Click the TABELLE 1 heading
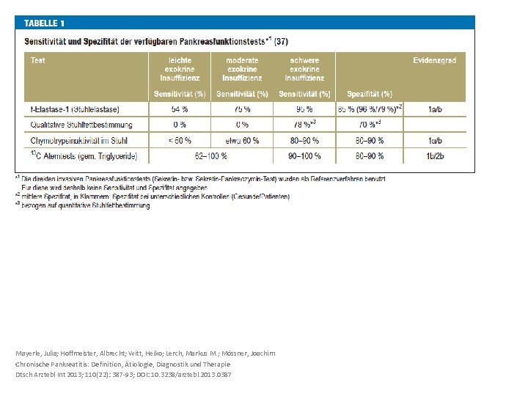(x=49, y=23)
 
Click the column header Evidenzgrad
(x=434, y=60)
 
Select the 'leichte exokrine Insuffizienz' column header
(x=180, y=69)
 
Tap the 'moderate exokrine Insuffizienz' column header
(x=242, y=69)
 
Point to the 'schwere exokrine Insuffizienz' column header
(x=304, y=69)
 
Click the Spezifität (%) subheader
(x=370, y=94)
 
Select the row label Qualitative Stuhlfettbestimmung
(x=81, y=125)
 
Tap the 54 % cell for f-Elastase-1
(x=180, y=109)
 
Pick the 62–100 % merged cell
(x=211, y=155)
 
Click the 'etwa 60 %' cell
(x=242, y=139)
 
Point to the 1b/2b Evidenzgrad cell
(x=434, y=155)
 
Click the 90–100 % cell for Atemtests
(x=304, y=155)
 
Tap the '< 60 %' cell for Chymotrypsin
(x=180, y=139)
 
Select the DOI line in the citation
(x=123, y=375)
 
